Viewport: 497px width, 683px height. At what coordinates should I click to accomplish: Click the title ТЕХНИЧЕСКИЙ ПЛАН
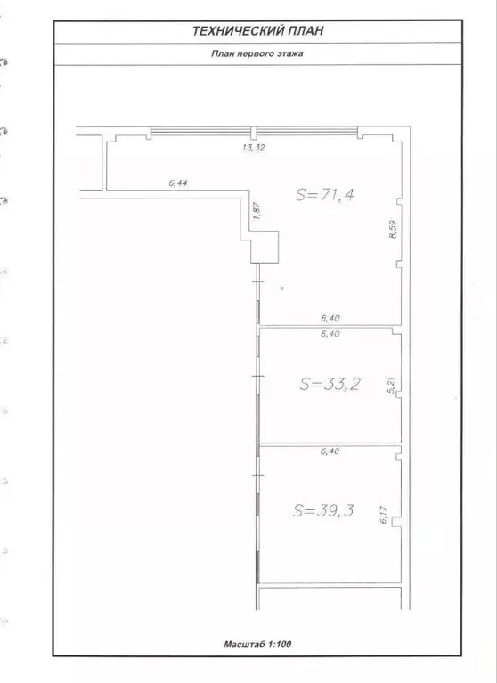257,31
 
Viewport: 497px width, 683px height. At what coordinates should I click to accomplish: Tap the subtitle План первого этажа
257,53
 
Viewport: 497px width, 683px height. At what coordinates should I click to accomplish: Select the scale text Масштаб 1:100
257,644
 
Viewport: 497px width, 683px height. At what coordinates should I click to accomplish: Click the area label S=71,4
324,194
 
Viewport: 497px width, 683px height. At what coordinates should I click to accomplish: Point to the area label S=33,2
329,384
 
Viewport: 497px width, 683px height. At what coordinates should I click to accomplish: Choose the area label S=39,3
323,510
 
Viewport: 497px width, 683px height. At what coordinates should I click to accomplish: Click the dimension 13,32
254,148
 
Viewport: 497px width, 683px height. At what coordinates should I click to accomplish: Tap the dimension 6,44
178,183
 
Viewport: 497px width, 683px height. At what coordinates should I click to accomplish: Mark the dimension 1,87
257,211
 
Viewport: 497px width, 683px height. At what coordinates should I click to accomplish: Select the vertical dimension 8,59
393,229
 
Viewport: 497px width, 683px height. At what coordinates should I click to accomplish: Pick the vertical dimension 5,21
392,386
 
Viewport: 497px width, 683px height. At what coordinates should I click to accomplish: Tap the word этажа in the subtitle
291,53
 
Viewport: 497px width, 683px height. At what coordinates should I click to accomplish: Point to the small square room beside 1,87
265,247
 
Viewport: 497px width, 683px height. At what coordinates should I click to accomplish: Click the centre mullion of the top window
254,133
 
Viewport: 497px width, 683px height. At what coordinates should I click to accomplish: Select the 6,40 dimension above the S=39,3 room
330,451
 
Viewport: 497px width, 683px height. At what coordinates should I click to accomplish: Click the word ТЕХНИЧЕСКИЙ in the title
238,31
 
